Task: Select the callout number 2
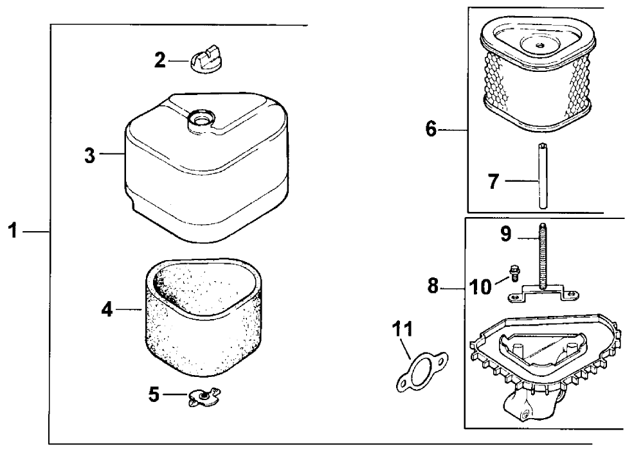point(159,61)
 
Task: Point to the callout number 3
point(90,155)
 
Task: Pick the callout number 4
point(107,310)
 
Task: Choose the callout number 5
point(154,394)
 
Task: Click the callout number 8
point(433,286)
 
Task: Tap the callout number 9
point(505,234)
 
